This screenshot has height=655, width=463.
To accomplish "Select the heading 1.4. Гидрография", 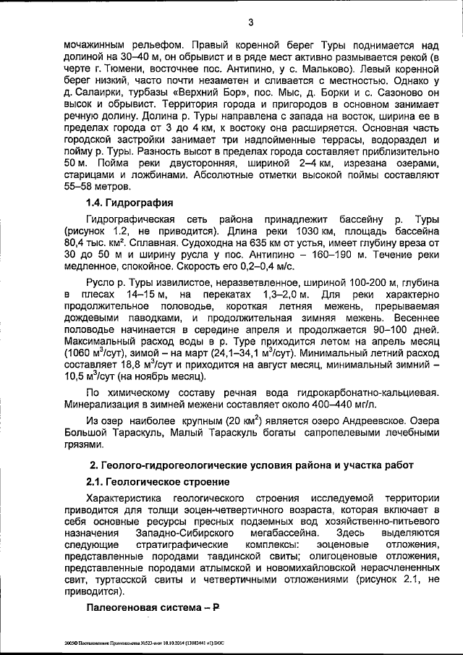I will [x=130, y=202].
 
